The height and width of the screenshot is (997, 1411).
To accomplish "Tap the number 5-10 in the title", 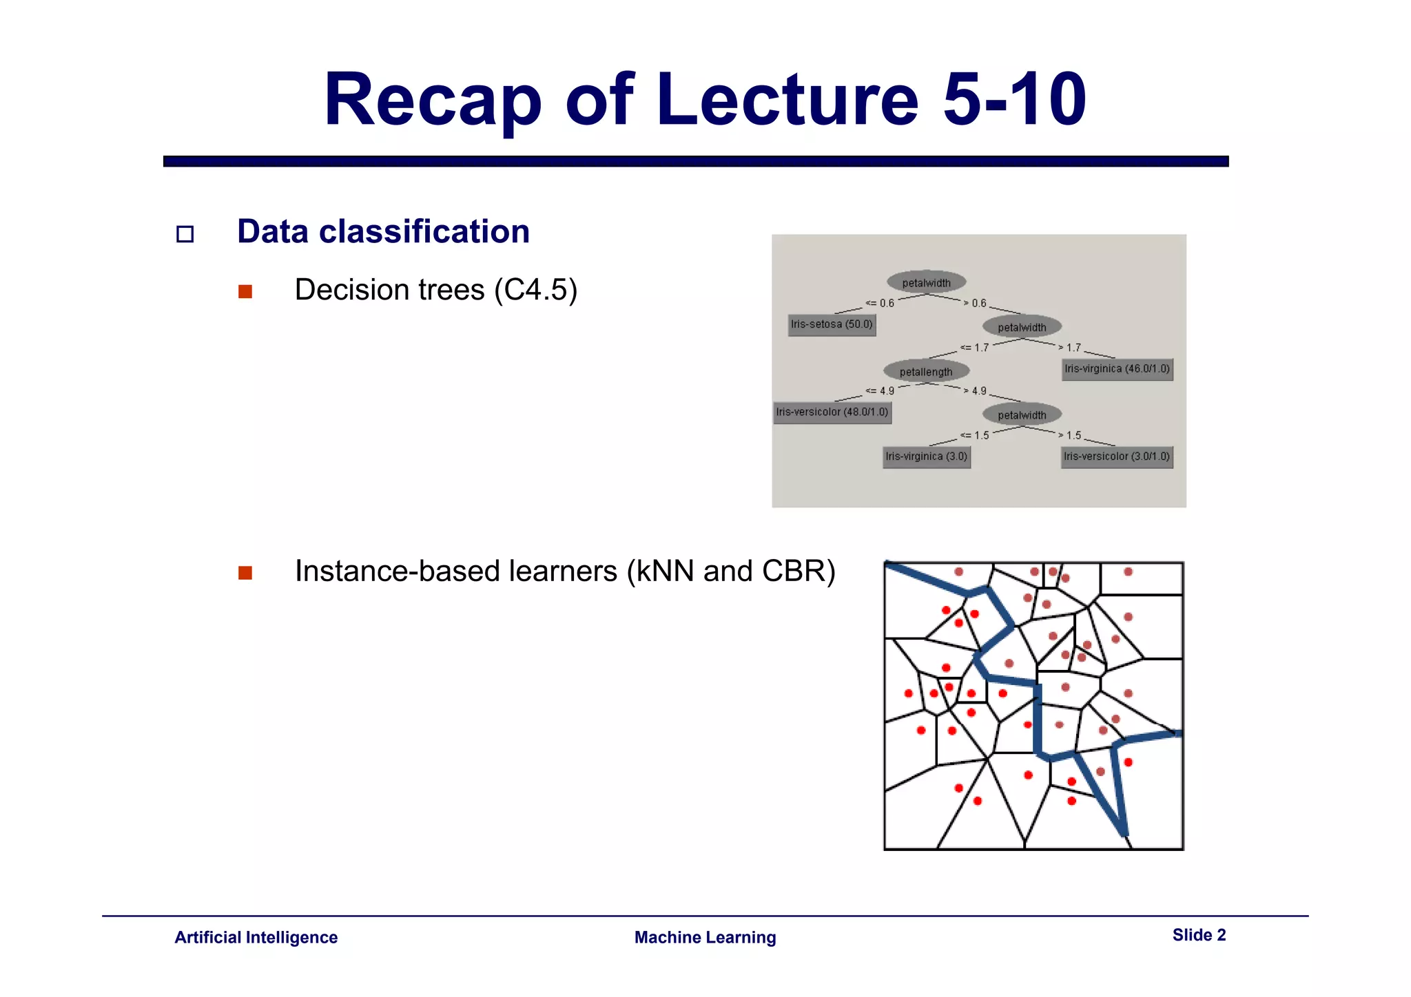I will point(1014,101).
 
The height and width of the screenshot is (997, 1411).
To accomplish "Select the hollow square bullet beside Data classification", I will point(185,234).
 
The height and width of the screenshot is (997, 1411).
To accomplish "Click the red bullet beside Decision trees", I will point(245,292).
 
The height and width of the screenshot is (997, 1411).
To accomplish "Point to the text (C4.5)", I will point(535,290).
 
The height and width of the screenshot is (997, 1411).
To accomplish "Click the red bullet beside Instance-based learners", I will point(245,573).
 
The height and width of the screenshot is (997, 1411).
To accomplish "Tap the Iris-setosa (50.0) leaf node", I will point(832,324).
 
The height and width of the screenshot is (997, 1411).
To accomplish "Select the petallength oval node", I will point(926,372).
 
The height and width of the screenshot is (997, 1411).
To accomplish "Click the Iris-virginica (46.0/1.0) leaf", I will point(1117,369).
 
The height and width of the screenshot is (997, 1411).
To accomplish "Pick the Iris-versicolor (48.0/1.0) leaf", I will point(832,412).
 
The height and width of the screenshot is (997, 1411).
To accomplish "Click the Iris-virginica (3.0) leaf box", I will point(927,456).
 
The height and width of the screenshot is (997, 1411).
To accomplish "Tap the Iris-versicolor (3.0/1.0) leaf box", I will point(1117,456).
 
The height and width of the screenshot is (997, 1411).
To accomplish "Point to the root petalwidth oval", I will point(926,282).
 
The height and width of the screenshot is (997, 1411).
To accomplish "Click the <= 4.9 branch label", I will point(880,391).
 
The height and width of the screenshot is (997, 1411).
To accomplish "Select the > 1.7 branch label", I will point(1070,348).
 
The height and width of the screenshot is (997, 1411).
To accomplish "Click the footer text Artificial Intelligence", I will point(256,937).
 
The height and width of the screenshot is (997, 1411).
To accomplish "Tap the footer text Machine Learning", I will point(705,937).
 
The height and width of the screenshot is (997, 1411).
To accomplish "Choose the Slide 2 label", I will point(1199,935).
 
